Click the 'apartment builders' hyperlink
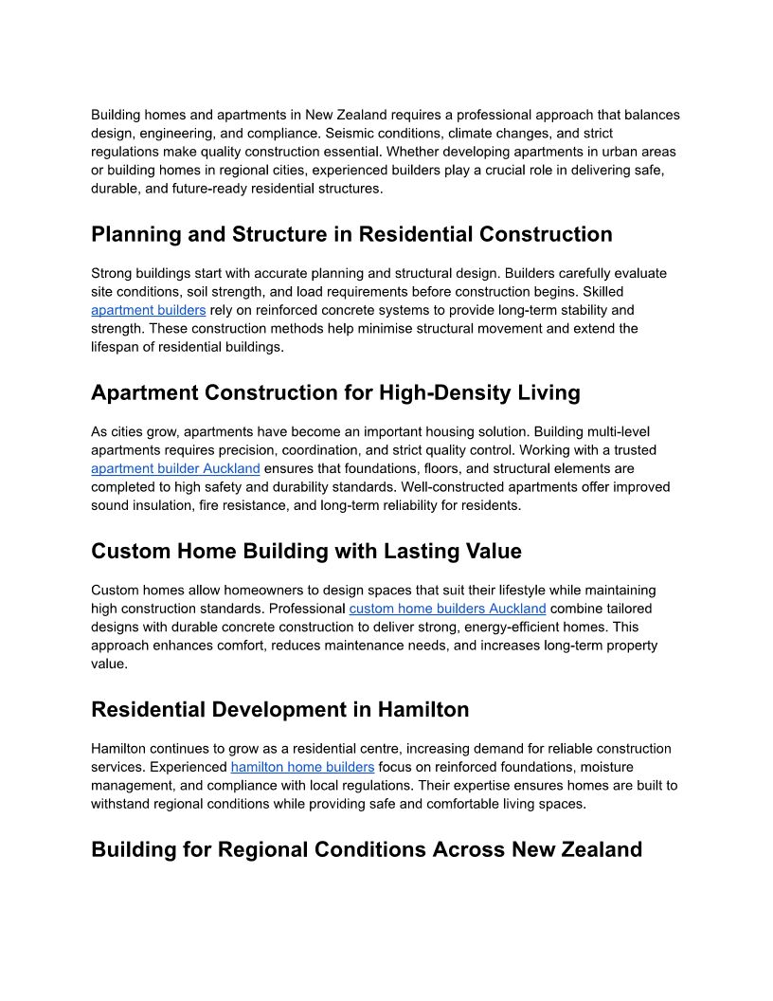click(148, 310)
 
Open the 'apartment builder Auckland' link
click(175, 468)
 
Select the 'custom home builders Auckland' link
click(447, 609)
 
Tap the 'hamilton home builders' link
click(302, 767)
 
